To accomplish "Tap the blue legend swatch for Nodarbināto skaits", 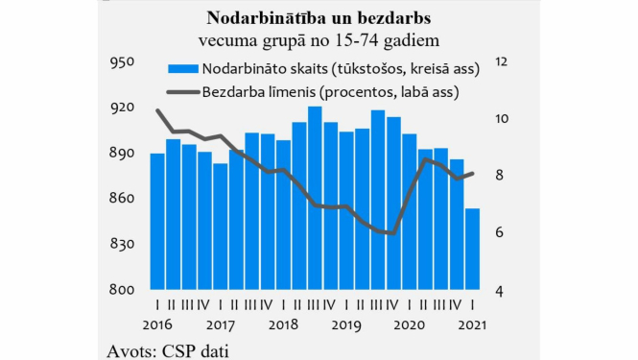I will coord(182,69).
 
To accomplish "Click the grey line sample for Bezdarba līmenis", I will coord(182,93).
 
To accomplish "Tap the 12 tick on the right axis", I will coord(500,62).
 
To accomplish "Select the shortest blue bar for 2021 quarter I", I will coord(472,249).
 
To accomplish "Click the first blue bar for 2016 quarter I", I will coord(156,221).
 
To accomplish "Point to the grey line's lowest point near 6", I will coord(392,233).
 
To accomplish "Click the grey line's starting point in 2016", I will coord(156,110).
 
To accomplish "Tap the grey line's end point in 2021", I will coord(473,174).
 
